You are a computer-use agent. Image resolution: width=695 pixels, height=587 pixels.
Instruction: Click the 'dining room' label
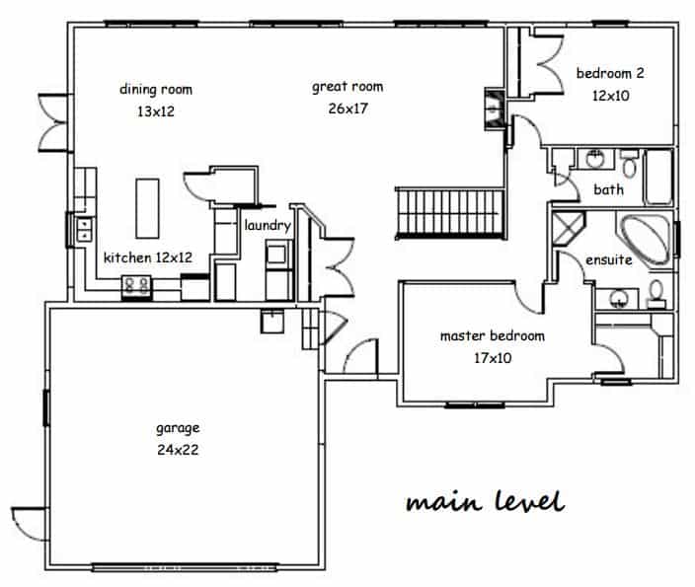click(156, 90)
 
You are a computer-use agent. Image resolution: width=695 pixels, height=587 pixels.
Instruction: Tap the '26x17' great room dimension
click(348, 109)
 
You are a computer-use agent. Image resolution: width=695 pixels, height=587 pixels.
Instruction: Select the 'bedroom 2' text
click(610, 73)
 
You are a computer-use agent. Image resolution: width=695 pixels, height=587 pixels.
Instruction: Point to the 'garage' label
click(178, 429)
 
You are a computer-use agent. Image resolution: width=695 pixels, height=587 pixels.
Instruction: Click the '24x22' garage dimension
click(178, 450)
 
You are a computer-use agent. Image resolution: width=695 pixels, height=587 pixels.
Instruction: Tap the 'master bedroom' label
click(493, 335)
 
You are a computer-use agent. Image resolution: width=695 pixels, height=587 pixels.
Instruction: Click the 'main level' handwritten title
click(486, 501)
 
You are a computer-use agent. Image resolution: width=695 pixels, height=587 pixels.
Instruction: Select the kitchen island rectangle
click(147, 208)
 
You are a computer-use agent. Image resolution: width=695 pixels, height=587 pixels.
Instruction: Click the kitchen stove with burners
click(136, 287)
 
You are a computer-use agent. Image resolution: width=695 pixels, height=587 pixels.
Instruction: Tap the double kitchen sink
click(84, 230)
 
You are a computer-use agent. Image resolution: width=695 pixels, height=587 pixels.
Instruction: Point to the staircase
click(450, 213)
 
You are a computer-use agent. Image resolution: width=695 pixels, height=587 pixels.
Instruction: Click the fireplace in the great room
click(495, 110)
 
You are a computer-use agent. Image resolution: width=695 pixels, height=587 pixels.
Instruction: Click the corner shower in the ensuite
click(567, 229)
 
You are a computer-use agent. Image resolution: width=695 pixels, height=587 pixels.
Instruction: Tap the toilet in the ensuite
click(656, 294)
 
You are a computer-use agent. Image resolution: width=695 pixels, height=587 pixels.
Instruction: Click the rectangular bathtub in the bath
click(658, 178)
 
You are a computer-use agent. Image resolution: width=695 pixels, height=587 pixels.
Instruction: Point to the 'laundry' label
click(268, 226)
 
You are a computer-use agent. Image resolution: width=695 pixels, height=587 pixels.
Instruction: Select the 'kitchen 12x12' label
click(148, 257)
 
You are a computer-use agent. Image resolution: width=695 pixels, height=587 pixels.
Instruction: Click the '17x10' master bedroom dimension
click(493, 358)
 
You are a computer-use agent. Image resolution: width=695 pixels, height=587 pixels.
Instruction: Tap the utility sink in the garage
click(272, 322)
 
